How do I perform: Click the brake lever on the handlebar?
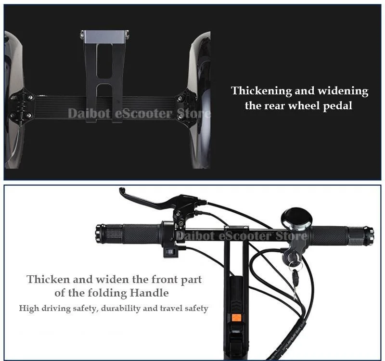pyautogui.click(x=144, y=199)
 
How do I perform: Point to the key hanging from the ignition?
pyautogui.click(x=294, y=276)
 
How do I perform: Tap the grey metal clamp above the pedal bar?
pyautogui.click(x=105, y=35)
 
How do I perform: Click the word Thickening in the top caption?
pyautogui.click(x=262, y=91)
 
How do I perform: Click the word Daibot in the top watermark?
pyautogui.click(x=84, y=114)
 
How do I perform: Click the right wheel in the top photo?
pyautogui.click(x=201, y=101)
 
